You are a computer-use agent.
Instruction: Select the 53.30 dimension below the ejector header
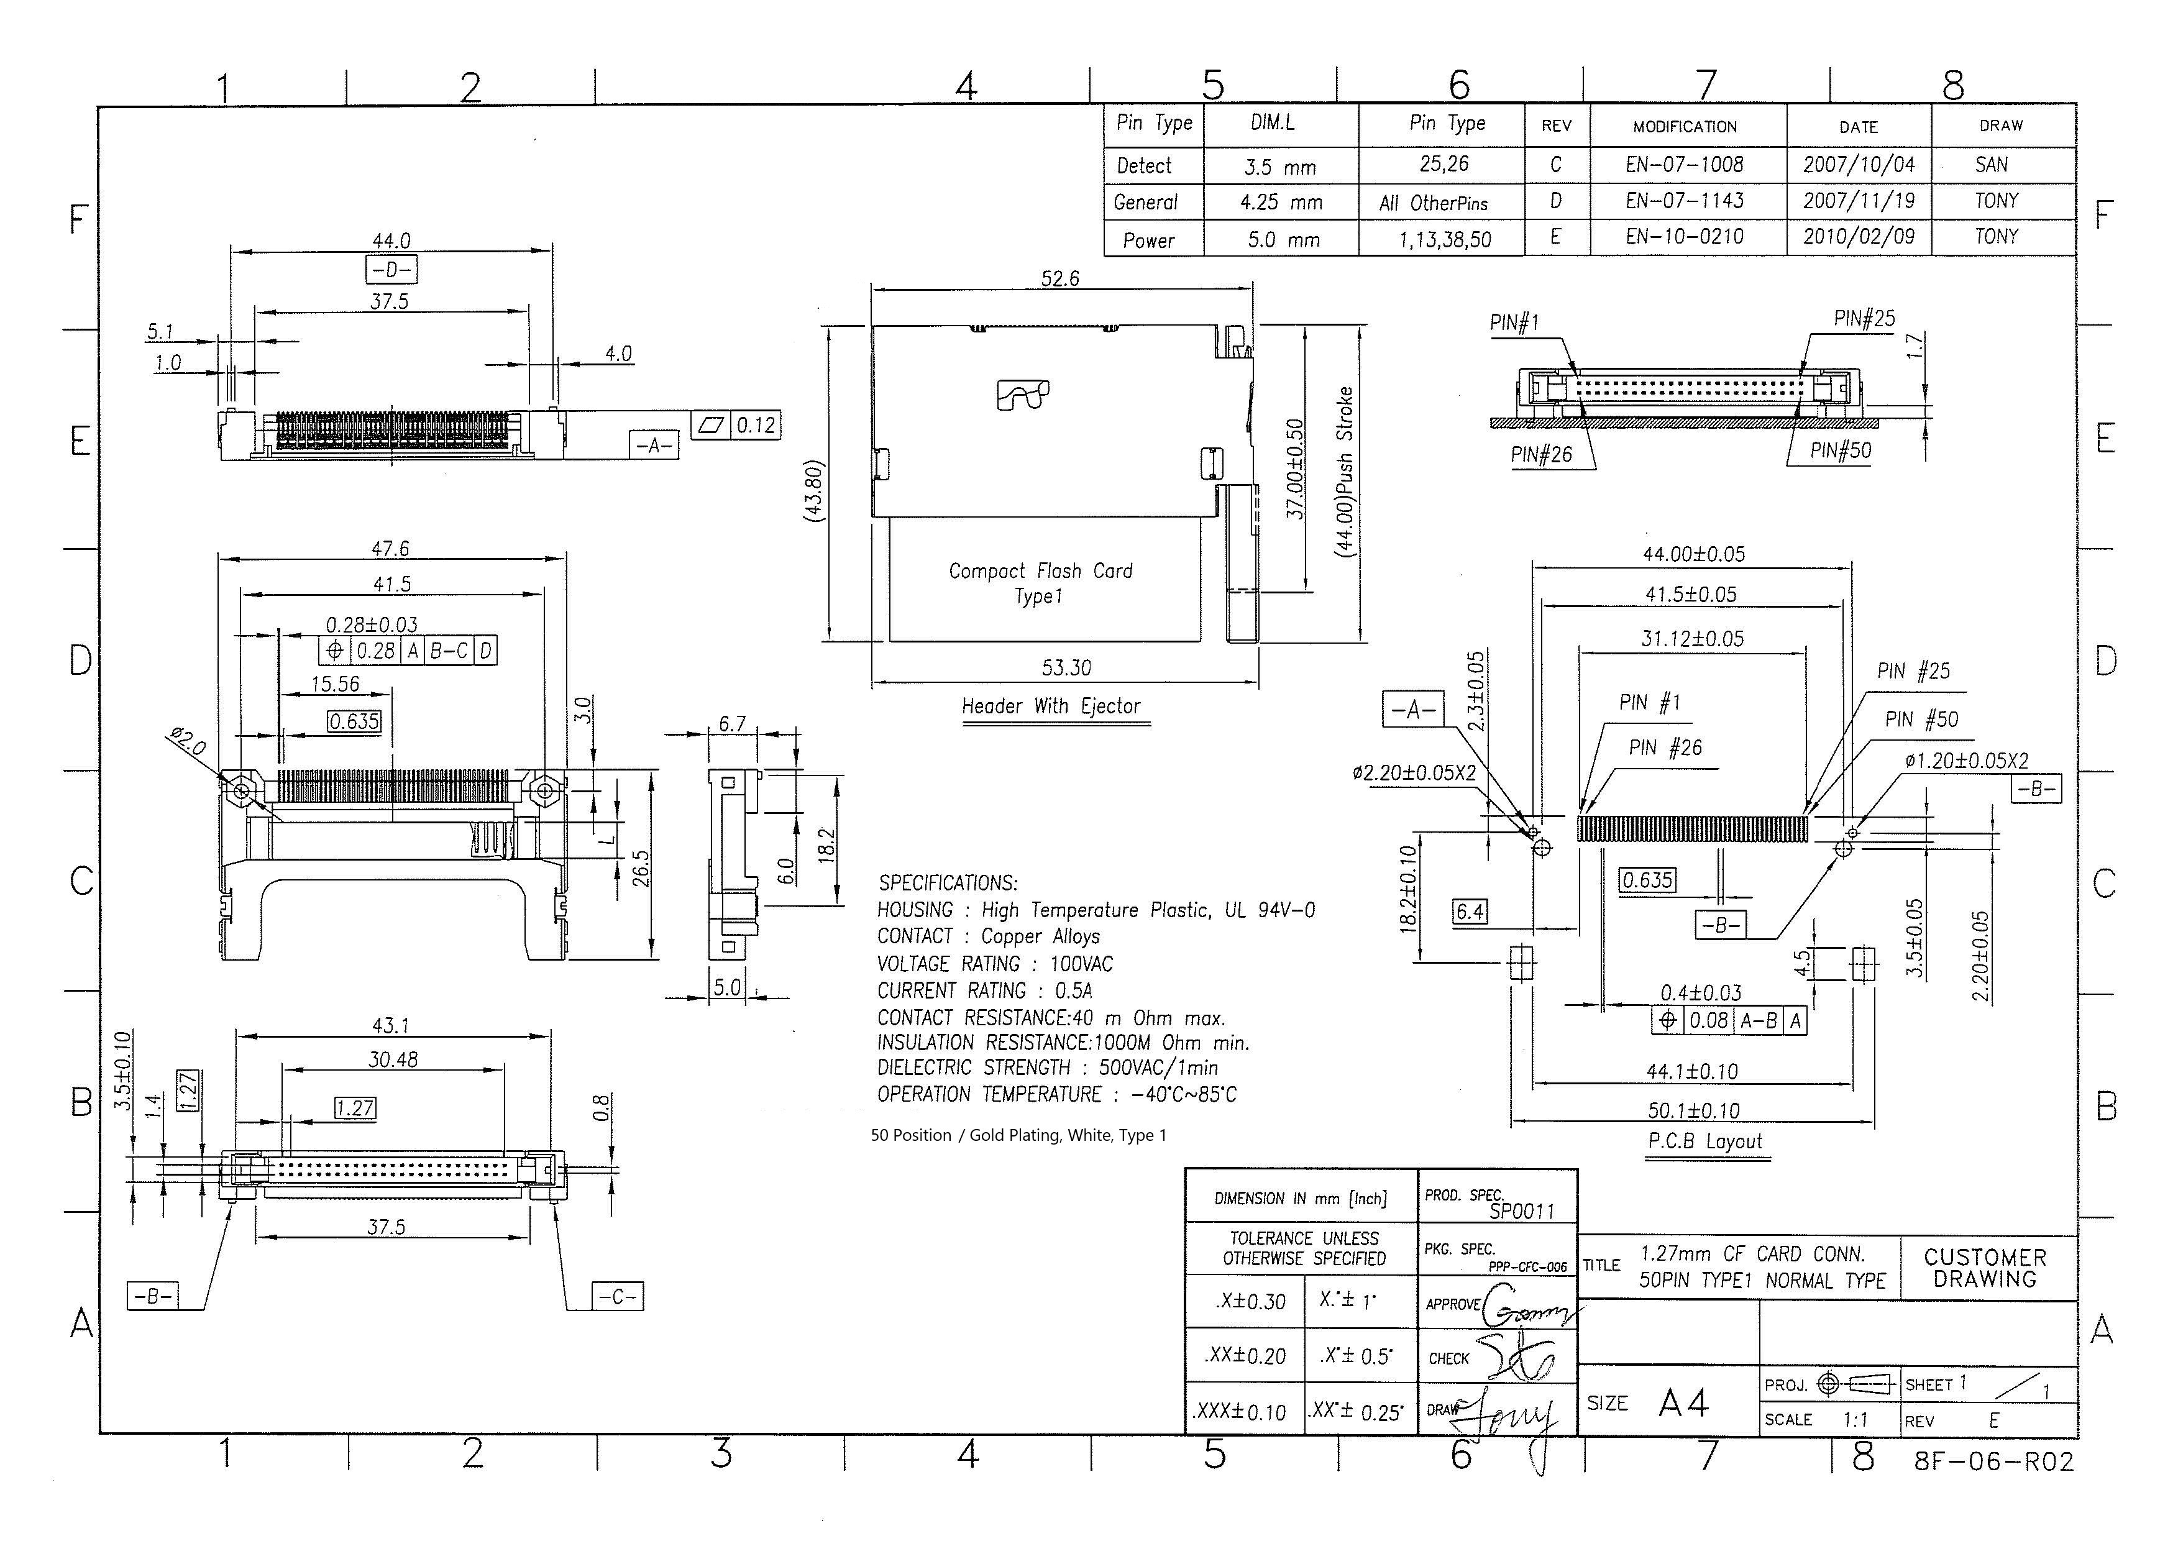point(1067,667)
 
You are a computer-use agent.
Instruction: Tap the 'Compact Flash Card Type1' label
point(1040,583)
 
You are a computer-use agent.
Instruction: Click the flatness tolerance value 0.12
point(756,424)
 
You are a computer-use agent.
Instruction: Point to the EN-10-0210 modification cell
point(1685,235)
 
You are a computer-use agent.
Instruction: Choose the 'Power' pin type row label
point(1148,240)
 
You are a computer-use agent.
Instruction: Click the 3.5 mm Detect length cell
point(1280,167)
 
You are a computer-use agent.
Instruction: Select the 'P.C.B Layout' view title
point(1705,1141)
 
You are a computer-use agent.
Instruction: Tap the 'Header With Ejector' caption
point(1051,705)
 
